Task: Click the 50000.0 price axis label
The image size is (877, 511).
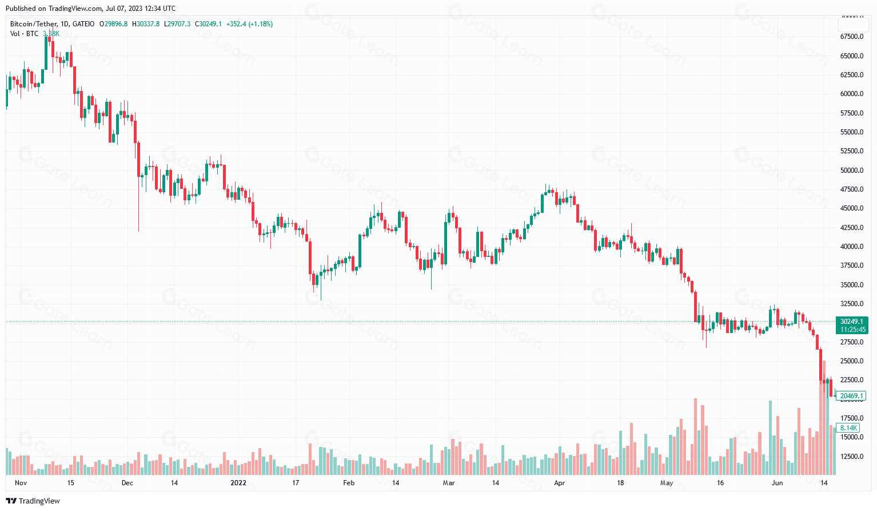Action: click(x=851, y=171)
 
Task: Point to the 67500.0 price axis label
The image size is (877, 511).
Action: click(x=851, y=37)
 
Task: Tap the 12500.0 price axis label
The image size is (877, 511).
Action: click(x=851, y=457)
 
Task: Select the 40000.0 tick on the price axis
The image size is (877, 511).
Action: click(x=851, y=247)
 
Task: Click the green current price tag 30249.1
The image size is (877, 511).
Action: click(x=851, y=322)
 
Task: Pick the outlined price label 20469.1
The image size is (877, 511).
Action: click(x=851, y=396)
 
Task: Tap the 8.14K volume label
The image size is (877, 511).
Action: click(x=848, y=428)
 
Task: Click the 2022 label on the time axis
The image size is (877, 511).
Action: click(x=238, y=483)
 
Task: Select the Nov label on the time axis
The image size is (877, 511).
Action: click(x=21, y=483)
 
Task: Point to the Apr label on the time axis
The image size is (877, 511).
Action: click(x=559, y=483)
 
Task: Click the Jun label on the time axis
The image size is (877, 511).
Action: click(x=777, y=483)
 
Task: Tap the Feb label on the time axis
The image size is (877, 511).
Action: click(x=349, y=483)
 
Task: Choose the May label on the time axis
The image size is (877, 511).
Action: click(x=667, y=483)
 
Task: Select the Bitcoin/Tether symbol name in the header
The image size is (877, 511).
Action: click(x=34, y=24)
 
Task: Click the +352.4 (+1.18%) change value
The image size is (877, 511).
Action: click(x=249, y=24)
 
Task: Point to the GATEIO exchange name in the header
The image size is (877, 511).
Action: click(x=83, y=24)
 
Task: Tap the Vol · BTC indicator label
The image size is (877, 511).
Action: click(x=24, y=34)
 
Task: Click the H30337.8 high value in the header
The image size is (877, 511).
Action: click(x=146, y=24)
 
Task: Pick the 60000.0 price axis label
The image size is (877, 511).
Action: click(x=851, y=94)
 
